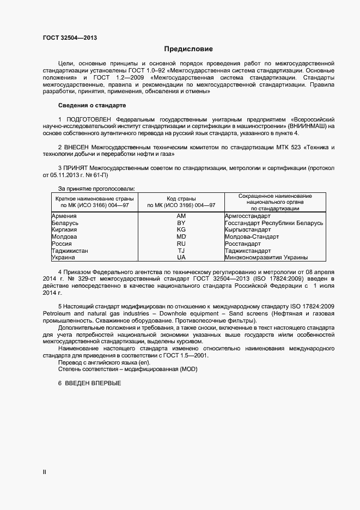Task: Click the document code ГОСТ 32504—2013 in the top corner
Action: pyautogui.click(x=70, y=38)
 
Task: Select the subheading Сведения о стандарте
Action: pyautogui.click(x=92, y=105)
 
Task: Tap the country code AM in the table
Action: pyautogui.click(x=181, y=216)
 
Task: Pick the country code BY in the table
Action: pyautogui.click(x=181, y=223)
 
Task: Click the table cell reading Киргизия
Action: pyautogui.click(x=64, y=230)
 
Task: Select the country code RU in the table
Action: pyautogui.click(x=181, y=244)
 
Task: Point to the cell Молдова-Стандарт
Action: pyautogui.click(x=252, y=237)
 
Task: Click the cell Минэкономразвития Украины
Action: pyautogui.click(x=266, y=257)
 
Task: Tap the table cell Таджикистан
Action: pyautogui.click(x=70, y=251)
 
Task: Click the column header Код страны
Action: pyautogui.click(x=181, y=199)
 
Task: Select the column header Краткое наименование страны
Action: pyautogui.click(x=91, y=199)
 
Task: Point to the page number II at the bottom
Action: pyautogui.click(x=45, y=472)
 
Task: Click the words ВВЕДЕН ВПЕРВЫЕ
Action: pyautogui.click(x=93, y=383)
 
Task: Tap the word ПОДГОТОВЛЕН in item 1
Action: pyautogui.click(x=89, y=118)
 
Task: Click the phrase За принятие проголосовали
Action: pyautogui.click(x=96, y=188)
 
